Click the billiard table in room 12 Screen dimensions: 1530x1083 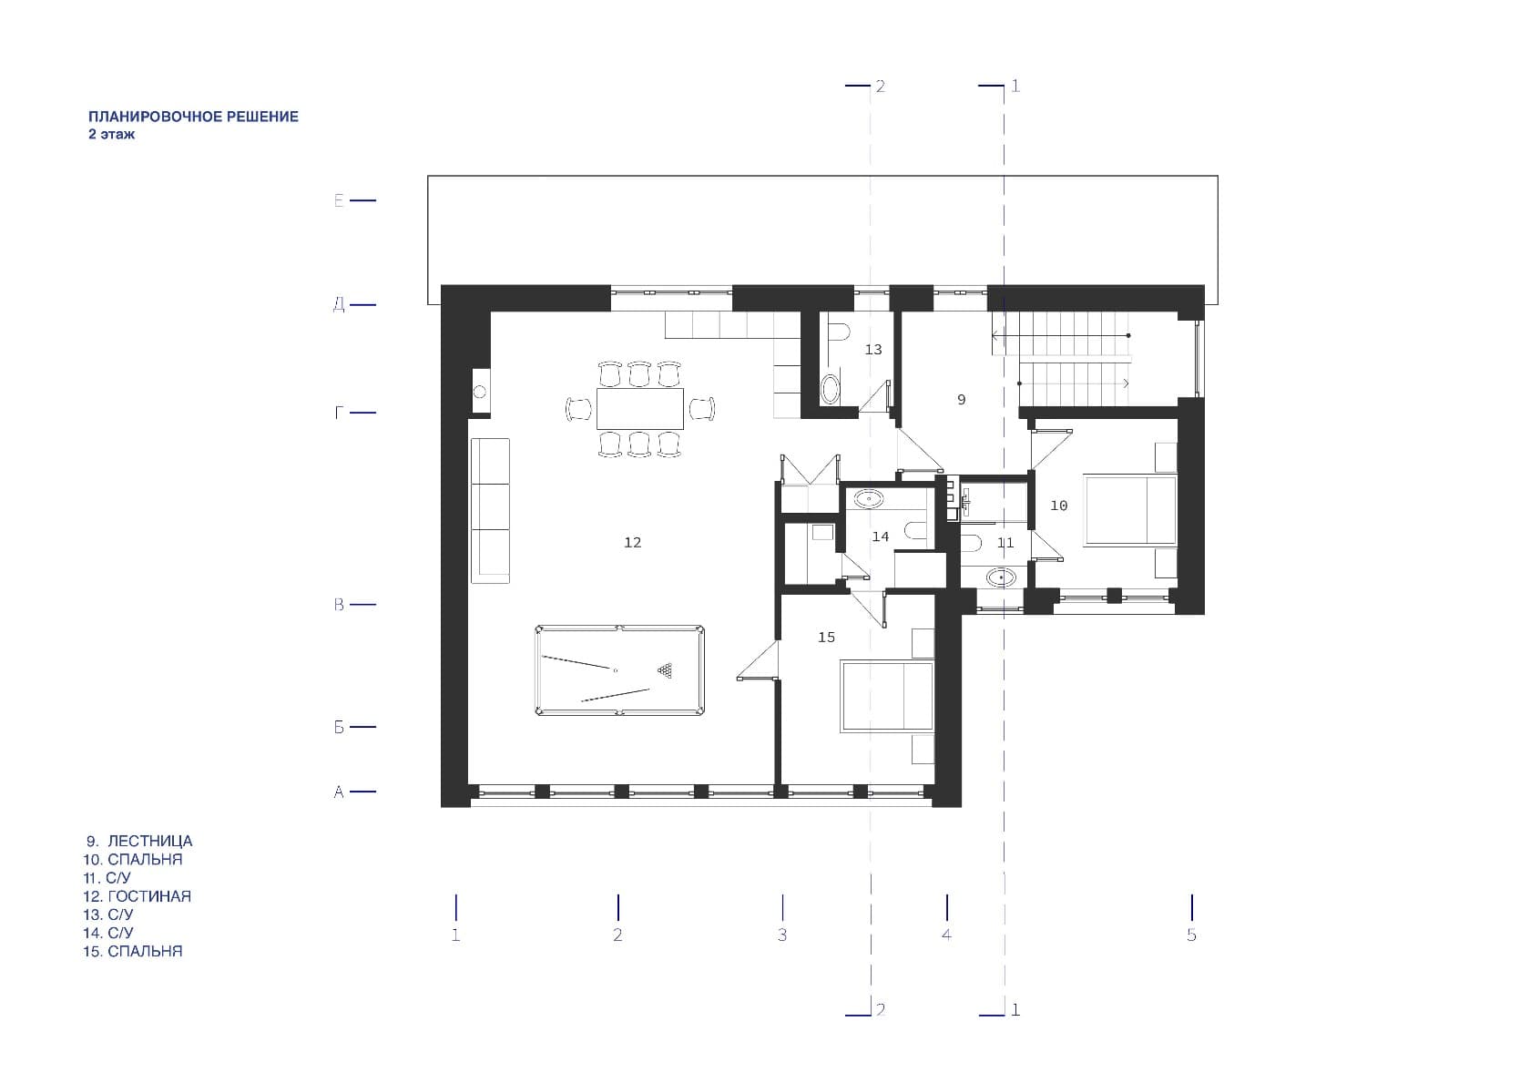point(619,670)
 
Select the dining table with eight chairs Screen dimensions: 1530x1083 point(640,409)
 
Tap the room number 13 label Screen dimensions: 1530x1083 point(872,350)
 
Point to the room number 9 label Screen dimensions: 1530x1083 point(961,400)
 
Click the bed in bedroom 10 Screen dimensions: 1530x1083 point(1129,511)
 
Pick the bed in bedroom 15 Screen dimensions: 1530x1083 point(887,696)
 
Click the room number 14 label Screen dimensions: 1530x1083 point(880,537)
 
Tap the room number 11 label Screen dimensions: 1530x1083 point(1005,543)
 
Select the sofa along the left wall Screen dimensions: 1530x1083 point(490,511)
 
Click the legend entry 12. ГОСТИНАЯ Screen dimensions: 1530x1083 point(138,896)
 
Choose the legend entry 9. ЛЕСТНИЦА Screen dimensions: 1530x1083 point(139,841)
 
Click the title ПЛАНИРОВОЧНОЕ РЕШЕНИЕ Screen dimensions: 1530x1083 point(193,117)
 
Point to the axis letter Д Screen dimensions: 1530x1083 point(339,305)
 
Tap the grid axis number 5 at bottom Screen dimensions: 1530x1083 point(1191,935)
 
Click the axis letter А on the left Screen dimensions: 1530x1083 point(339,792)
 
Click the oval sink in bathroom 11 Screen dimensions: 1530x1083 point(1002,578)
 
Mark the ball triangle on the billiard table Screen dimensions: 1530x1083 point(665,670)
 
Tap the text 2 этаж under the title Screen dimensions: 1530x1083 point(111,135)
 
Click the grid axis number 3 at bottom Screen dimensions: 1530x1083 point(782,935)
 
